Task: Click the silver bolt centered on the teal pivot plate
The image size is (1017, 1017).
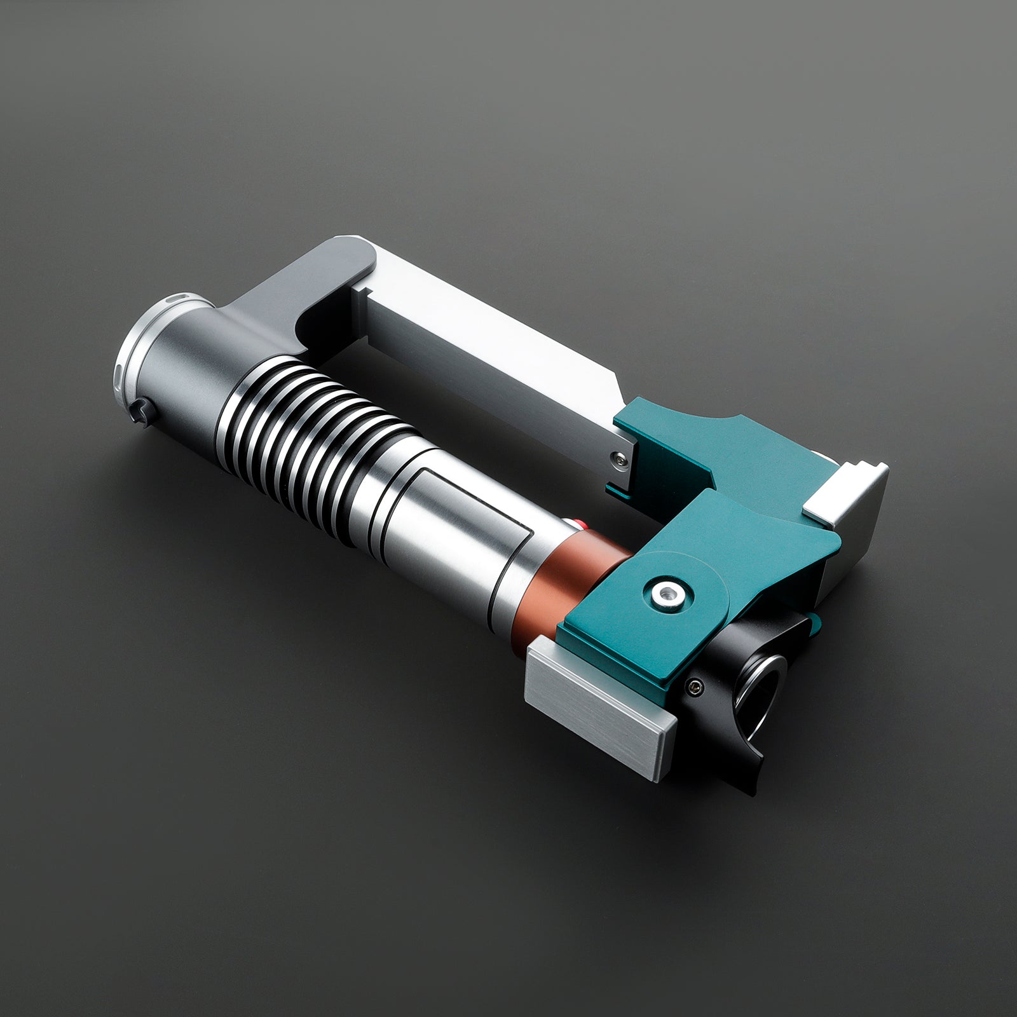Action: tap(665, 592)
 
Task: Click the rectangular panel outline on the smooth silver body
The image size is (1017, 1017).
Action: tap(470, 508)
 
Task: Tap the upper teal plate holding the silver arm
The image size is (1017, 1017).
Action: tap(712, 445)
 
